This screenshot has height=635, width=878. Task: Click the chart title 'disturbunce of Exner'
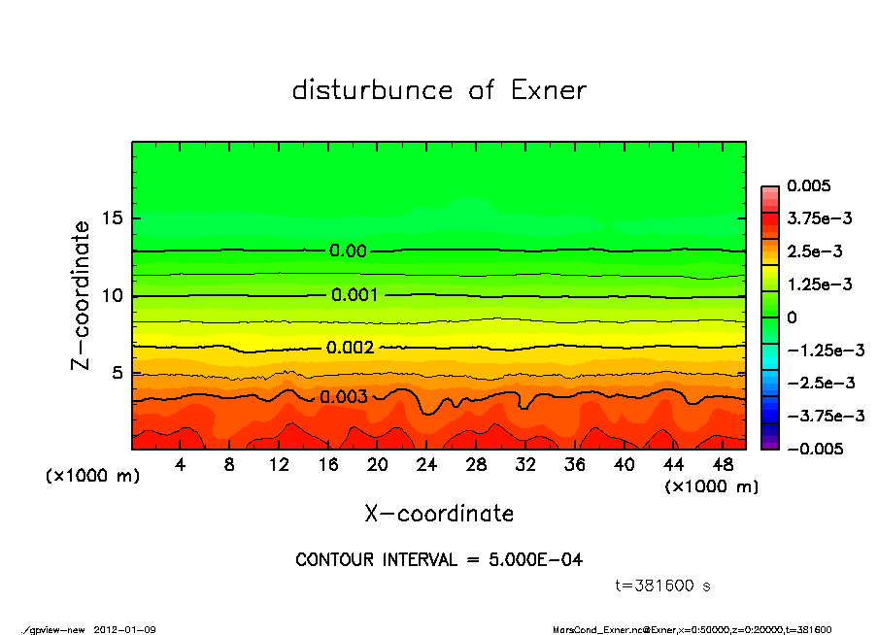coord(439,90)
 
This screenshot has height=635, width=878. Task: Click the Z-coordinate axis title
coord(82,294)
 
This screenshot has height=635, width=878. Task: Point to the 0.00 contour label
coord(348,251)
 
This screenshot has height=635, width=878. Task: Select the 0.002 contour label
coord(350,348)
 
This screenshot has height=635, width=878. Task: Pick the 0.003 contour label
coord(344,396)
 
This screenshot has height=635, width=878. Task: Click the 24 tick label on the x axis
coord(427,465)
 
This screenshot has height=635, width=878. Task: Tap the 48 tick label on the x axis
coord(723,465)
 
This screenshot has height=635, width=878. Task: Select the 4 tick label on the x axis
coord(181,465)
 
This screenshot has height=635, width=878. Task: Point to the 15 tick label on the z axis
coord(113,218)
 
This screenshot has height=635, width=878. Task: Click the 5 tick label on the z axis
coord(118,373)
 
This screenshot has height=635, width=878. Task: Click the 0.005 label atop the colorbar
coord(808,185)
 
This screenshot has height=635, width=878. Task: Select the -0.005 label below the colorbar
coord(813,449)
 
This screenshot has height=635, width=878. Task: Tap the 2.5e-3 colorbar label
coord(814,251)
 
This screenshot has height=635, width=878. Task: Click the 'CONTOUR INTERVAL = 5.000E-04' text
coord(439,560)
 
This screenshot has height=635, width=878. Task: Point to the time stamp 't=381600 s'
coord(664,585)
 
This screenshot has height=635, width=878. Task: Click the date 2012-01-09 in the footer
coord(125,629)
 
